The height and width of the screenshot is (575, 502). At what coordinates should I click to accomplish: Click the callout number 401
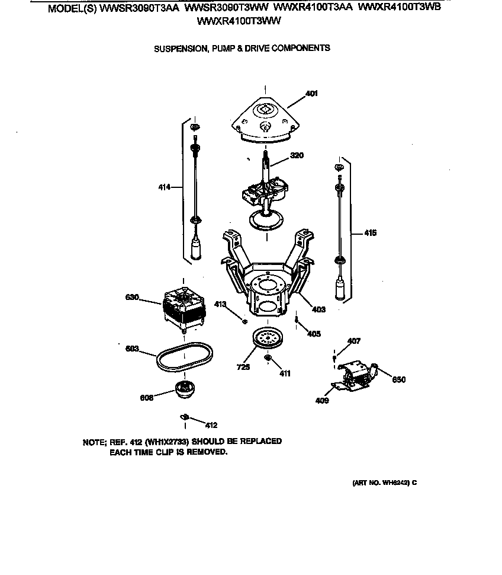pyautogui.click(x=312, y=94)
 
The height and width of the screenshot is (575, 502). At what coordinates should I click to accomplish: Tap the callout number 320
pyautogui.click(x=297, y=156)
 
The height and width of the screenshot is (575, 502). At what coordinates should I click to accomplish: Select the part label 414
pyautogui.click(x=164, y=187)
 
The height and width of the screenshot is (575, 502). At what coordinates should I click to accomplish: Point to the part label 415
pyautogui.click(x=370, y=233)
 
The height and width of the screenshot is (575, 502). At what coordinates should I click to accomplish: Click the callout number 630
pyautogui.click(x=131, y=298)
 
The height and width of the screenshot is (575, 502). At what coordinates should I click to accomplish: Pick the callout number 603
pyautogui.click(x=131, y=349)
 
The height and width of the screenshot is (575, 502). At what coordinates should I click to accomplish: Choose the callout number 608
pyautogui.click(x=147, y=398)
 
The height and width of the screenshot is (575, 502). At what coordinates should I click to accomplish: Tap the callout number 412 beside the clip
pyautogui.click(x=211, y=425)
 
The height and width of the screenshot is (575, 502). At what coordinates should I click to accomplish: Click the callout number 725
pyautogui.click(x=243, y=368)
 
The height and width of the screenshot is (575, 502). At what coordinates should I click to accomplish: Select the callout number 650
pyautogui.click(x=399, y=379)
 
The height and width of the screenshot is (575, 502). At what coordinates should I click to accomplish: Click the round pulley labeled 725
pyautogui.click(x=268, y=338)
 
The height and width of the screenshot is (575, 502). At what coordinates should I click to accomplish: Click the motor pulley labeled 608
pyautogui.click(x=185, y=390)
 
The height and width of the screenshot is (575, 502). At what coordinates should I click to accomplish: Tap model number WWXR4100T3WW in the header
pyautogui.click(x=239, y=21)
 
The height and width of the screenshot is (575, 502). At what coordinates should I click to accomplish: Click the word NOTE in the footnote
pyautogui.click(x=94, y=442)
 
